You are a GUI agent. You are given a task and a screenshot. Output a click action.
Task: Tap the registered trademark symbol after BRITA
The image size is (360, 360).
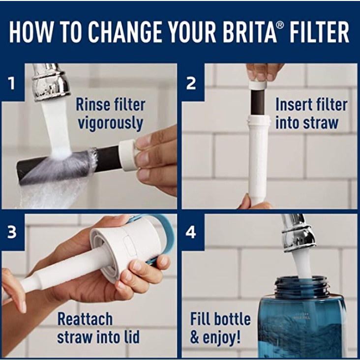[x=280, y=25]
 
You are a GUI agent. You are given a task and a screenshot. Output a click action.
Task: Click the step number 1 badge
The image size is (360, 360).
[x=11, y=83]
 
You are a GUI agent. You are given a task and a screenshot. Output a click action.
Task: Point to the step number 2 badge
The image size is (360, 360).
[x=191, y=83]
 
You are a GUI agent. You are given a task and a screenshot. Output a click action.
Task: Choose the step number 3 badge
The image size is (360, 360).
[x=11, y=232]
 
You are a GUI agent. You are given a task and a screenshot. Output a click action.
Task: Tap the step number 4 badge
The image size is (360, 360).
[x=191, y=232]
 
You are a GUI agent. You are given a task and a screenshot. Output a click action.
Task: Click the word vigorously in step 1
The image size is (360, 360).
[x=111, y=124]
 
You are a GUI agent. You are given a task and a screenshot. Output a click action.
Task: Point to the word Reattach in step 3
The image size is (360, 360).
[x=85, y=319]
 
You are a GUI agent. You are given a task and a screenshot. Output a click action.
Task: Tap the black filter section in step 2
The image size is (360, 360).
[x=257, y=102]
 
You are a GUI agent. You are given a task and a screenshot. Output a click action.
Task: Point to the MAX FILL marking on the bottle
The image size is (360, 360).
[x=302, y=318]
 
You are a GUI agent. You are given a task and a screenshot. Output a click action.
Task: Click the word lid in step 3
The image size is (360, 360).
[x=131, y=337]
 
